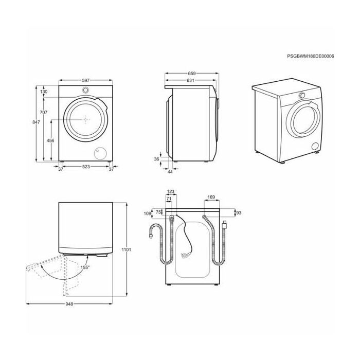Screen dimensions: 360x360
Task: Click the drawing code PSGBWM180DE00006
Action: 311,56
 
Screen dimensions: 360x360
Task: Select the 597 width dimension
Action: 86,80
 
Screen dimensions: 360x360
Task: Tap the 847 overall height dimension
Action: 36,122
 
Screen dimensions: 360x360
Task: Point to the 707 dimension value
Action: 44,112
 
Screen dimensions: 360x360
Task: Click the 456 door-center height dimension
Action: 50,140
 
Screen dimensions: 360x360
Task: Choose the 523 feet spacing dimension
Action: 86,167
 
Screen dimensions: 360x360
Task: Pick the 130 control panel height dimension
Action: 44,92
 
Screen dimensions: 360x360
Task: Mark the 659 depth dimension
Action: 192,74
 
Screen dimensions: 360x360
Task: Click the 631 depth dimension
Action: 190,80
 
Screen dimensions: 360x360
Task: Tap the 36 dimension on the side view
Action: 156,159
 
